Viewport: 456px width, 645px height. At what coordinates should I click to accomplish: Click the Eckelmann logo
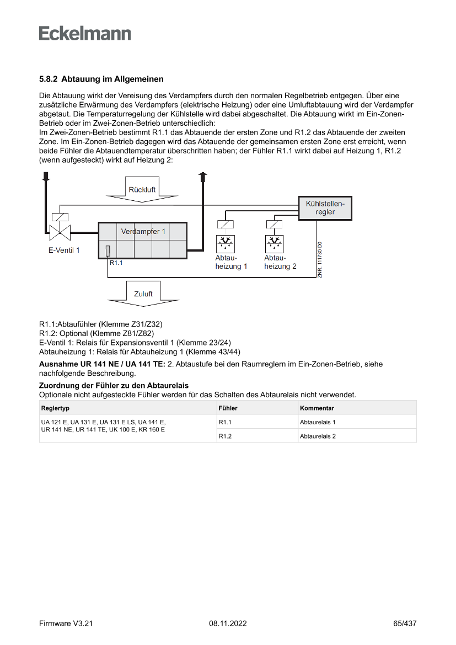pyautogui.click(x=85, y=33)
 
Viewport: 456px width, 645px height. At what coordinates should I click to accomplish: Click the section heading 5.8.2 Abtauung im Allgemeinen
pyautogui.click(x=101, y=79)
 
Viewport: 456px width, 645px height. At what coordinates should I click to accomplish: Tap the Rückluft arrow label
pyautogui.click(x=142, y=189)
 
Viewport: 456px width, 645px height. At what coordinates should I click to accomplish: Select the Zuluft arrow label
pyautogui.click(x=143, y=294)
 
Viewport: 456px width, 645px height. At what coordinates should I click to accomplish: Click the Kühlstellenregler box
pyautogui.click(x=325, y=208)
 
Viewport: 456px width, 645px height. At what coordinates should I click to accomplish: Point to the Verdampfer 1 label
pyautogui.click(x=143, y=231)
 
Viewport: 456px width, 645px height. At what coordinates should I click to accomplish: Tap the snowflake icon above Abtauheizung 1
pyautogui.click(x=224, y=243)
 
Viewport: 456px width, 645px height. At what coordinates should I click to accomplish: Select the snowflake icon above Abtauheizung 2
pyautogui.click(x=274, y=243)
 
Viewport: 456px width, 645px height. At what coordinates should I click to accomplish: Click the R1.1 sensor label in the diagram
pyautogui.click(x=116, y=263)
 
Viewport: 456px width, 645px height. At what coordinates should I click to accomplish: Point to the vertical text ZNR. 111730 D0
pyautogui.click(x=319, y=259)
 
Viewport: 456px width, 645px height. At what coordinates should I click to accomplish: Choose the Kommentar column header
pyautogui.click(x=316, y=408)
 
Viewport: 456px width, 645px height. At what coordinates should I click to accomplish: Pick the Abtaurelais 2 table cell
pyautogui.click(x=318, y=436)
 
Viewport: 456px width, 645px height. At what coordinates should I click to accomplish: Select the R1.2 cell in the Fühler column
pyautogui.click(x=224, y=436)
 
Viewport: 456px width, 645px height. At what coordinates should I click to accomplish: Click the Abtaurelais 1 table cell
pyautogui.click(x=318, y=422)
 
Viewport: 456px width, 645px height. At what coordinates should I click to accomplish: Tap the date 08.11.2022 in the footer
pyautogui.click(x=228, y=623)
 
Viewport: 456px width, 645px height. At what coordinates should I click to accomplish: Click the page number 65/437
pyautogui.click(x=405, y=623)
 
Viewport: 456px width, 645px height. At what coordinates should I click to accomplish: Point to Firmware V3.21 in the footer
pyautogui.click(x=66, y=623)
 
